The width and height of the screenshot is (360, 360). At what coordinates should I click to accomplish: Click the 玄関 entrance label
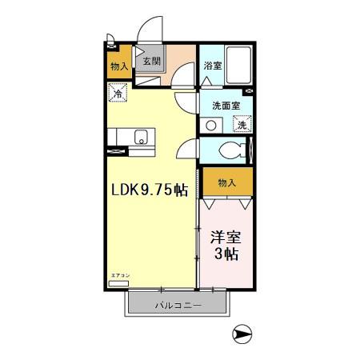pos(150,60)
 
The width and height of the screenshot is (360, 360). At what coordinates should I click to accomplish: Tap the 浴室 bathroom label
pos(212,66)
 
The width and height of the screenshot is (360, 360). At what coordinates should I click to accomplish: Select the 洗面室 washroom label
pos(226,105)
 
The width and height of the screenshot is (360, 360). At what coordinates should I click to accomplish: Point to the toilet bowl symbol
pos(233,149)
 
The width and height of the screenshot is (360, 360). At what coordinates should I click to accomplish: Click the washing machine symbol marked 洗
pos(239,124)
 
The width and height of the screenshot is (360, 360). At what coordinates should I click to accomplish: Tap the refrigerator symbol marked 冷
pos(118,94)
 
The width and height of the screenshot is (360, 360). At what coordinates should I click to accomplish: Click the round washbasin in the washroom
pos(210,124)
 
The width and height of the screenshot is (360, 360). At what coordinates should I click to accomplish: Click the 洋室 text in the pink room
pos(226,238)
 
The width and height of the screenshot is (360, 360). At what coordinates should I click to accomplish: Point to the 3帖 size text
pos(226,255)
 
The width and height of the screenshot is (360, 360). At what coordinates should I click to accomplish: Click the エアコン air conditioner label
pos(118,276)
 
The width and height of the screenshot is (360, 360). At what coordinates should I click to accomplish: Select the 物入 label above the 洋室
pos(226,182)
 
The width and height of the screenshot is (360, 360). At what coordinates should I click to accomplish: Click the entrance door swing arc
pos(148,32)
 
